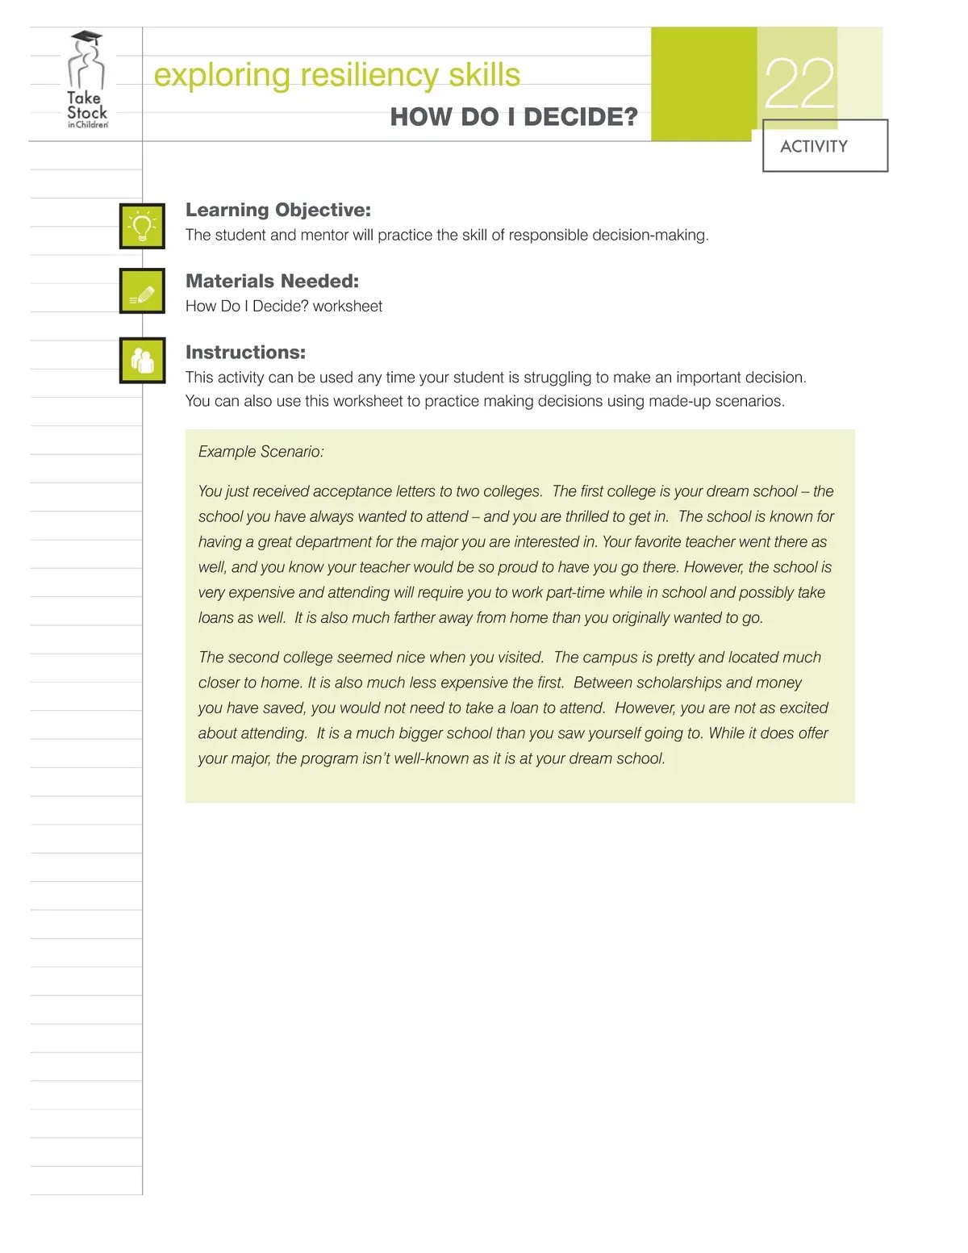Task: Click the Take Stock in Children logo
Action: pyautogui.click(x=86, y=81)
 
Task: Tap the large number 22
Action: pyautogui.click(x=799, y=85)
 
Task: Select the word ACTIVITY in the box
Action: pyautogui.click(x=814, y=146)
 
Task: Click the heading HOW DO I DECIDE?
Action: pyautogui.click(x=514, y=117)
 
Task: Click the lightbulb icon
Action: pyautogui.click(x=142, y=226)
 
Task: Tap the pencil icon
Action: pyautogui.click(x=142, y=291)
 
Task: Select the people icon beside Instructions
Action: pyautogui.click(x=142, y=361)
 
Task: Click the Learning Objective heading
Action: pyautogui.click(x=278, y=210)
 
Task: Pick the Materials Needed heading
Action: pyautogui.click(x=272, y=281)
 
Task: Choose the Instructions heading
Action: pyautogui.click(x=245, y=352)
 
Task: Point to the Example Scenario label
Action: pyautogui.click(x=261, y=452)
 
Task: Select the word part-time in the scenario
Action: pyautogui.click(x=575, y=592)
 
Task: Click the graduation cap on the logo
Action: pyautogui.click(x=86, y=37)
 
